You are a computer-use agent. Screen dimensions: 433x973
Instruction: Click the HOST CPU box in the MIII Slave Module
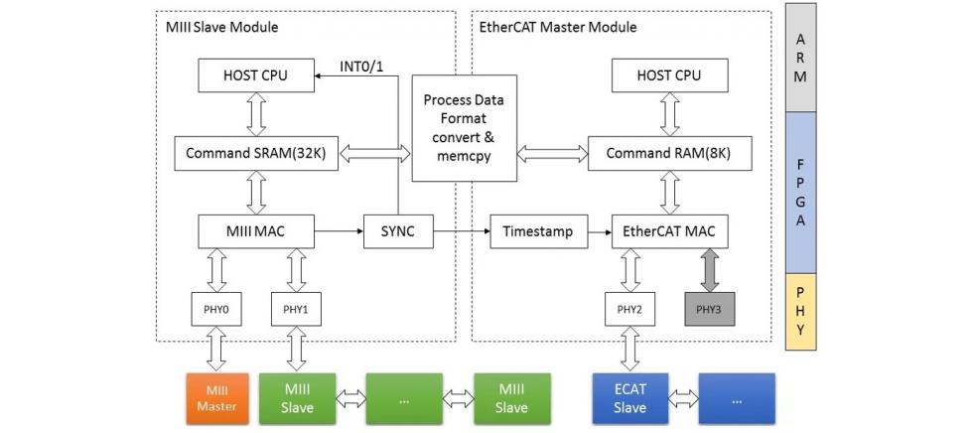click(257, 74)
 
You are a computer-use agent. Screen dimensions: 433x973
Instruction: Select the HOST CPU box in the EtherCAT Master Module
click(670, 74)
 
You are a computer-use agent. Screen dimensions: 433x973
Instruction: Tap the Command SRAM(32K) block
click(257, 153)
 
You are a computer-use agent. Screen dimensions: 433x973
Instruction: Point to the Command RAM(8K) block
click(670, 153)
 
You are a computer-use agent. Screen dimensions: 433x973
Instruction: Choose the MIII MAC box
click(257, 232)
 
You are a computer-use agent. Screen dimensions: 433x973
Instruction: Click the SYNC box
click(398, 232)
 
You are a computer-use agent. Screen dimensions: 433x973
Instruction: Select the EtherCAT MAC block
click(670, 232)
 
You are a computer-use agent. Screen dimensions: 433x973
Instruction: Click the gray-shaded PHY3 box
click(709, 309)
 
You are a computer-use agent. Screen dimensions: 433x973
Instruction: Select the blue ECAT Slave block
click(629, 397)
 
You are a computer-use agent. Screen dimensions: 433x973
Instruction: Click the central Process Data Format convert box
click(464, 128)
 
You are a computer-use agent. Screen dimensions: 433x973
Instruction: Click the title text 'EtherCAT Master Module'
click(559, 27)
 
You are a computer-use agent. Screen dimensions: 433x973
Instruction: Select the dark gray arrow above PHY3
click(709, 271)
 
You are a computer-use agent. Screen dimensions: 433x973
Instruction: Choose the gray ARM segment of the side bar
click(800, 58)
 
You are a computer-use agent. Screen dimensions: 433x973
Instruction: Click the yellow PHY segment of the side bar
click(800, 311)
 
